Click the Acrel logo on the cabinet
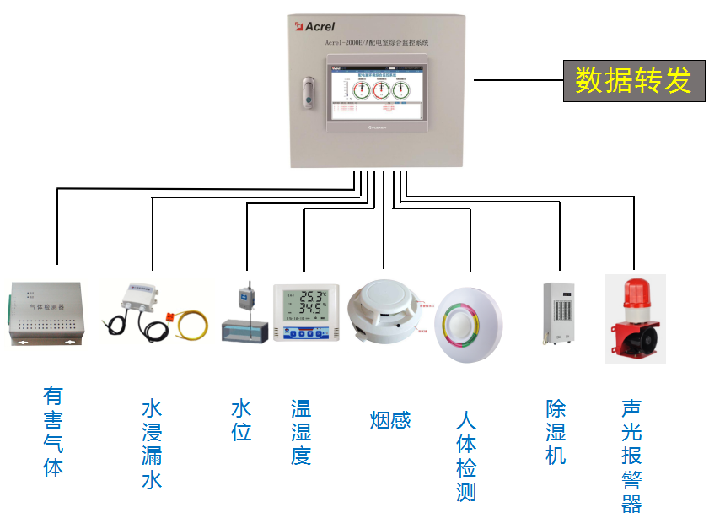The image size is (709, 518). tap(315, 26)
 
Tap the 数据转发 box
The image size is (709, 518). tap(633, 80)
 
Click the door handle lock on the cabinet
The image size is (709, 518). tap(309, 94)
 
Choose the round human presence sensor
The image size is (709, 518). tap(468, 326)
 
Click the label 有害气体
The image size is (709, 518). tap(53, 431)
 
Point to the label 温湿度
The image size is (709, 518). tap(301, 433)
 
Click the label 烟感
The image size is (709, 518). tap(389, 419)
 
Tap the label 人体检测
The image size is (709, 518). tap(466, 456)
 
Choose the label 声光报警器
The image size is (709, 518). tap(631, 456)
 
